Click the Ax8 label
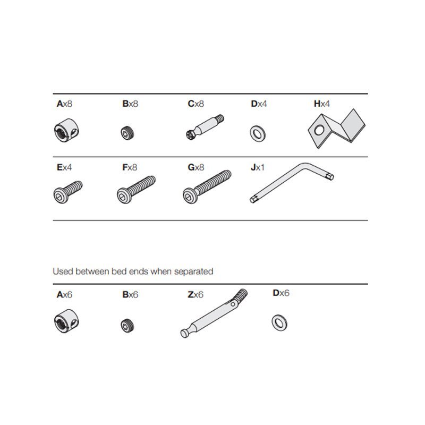pos(64,104)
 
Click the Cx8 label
pos(195,104)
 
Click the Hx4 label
pos(321,104)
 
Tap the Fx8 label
pos(130,167)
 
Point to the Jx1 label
pos(257,167)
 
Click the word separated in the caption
pos(194,271)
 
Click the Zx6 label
pos(195,294)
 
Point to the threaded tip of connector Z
pos(241,295)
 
